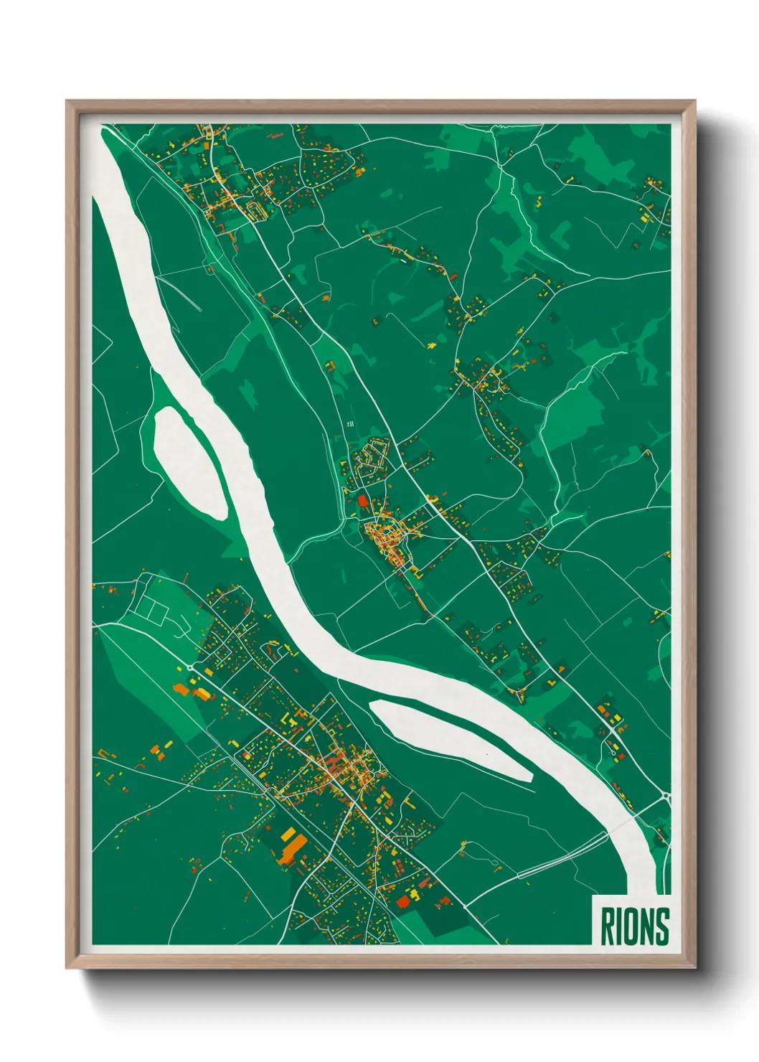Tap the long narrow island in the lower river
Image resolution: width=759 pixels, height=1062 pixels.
[x=451, y=741]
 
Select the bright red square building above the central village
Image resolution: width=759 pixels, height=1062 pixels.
[x=362, y=500]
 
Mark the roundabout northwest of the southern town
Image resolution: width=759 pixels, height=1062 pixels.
[x=189, y=667]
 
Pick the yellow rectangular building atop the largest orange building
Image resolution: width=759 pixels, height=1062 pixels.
[x=289, y=835]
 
